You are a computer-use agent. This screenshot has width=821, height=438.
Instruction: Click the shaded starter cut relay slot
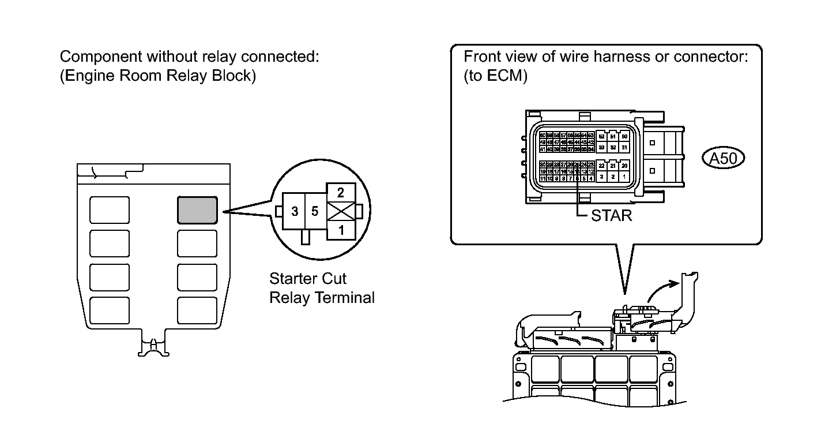click(x=197, y=210)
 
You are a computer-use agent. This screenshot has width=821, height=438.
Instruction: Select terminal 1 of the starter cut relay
click(x=341, y=230)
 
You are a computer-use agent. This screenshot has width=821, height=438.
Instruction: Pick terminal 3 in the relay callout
click(x=295, y=212)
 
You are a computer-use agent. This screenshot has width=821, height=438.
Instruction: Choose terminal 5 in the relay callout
click(x=315, y=212)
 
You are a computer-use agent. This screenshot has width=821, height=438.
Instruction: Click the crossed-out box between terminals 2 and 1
click(x=341, y=212)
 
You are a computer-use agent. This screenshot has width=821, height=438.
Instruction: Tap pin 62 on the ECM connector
click(x=601, y=136)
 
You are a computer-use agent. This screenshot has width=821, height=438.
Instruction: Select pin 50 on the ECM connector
click(x=624, y=136)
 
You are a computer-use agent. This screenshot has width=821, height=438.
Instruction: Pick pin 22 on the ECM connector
click(x=601, y=166)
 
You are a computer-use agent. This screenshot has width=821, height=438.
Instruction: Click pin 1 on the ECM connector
click(x=624, y=177)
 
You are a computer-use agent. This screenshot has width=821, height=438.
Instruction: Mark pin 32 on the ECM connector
click(x=613, y=147)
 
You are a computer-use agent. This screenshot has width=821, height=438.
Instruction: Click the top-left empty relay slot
click(x=110, y=210)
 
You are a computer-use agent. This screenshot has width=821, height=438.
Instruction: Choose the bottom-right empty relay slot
click(x=197, y=310)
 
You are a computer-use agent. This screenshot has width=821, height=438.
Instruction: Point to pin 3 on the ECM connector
click(x=601, y=177)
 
